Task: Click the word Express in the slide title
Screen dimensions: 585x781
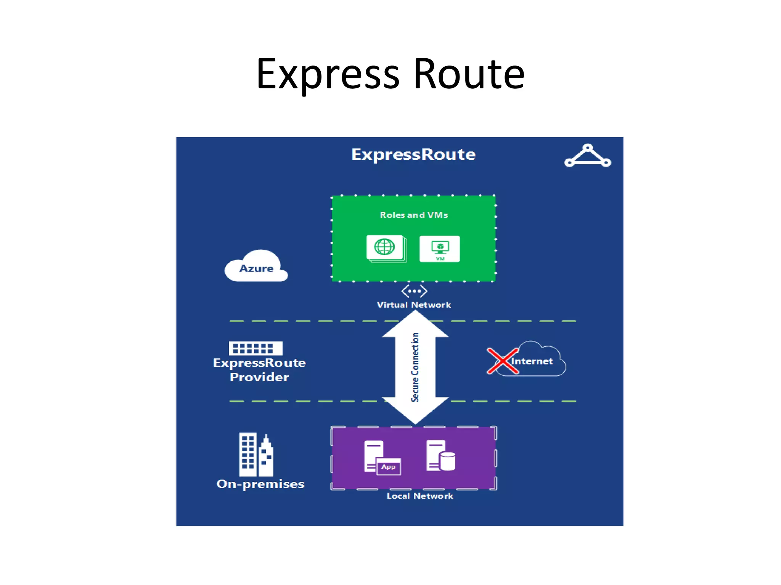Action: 328,74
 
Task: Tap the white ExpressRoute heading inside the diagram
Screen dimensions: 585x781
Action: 413,155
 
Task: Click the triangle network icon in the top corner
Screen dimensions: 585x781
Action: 587,156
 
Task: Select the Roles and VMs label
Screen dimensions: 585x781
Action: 414,215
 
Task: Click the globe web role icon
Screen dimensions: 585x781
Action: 386,248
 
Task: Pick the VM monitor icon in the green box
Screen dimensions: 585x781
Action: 440,249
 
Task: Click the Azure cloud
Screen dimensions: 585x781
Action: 256,267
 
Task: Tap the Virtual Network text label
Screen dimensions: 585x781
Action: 414,305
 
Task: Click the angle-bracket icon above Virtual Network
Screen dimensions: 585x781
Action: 414,291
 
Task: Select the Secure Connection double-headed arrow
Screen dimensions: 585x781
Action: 415,367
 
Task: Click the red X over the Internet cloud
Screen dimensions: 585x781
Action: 503,361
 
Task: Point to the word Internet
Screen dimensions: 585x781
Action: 532,361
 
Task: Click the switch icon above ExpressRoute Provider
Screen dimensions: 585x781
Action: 256,348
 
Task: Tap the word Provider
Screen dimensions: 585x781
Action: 259,377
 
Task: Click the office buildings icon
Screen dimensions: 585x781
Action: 256,455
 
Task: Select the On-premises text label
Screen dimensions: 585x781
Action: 260,484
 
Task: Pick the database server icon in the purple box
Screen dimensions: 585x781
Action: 440,456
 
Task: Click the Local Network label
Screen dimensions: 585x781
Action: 420,496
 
